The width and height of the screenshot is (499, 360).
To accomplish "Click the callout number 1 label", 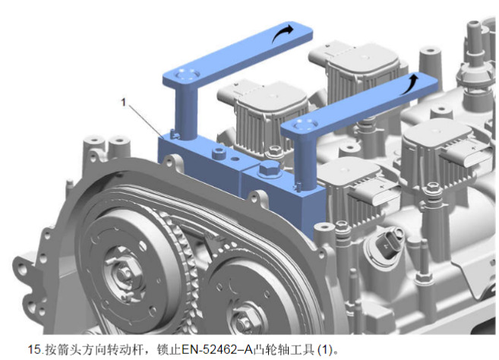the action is [124, 103].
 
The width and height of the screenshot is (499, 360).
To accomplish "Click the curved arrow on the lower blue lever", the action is [409, 84].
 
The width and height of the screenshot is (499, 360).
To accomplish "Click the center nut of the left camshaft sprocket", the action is [124, 274].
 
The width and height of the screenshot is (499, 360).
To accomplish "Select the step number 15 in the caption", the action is [34, 349].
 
